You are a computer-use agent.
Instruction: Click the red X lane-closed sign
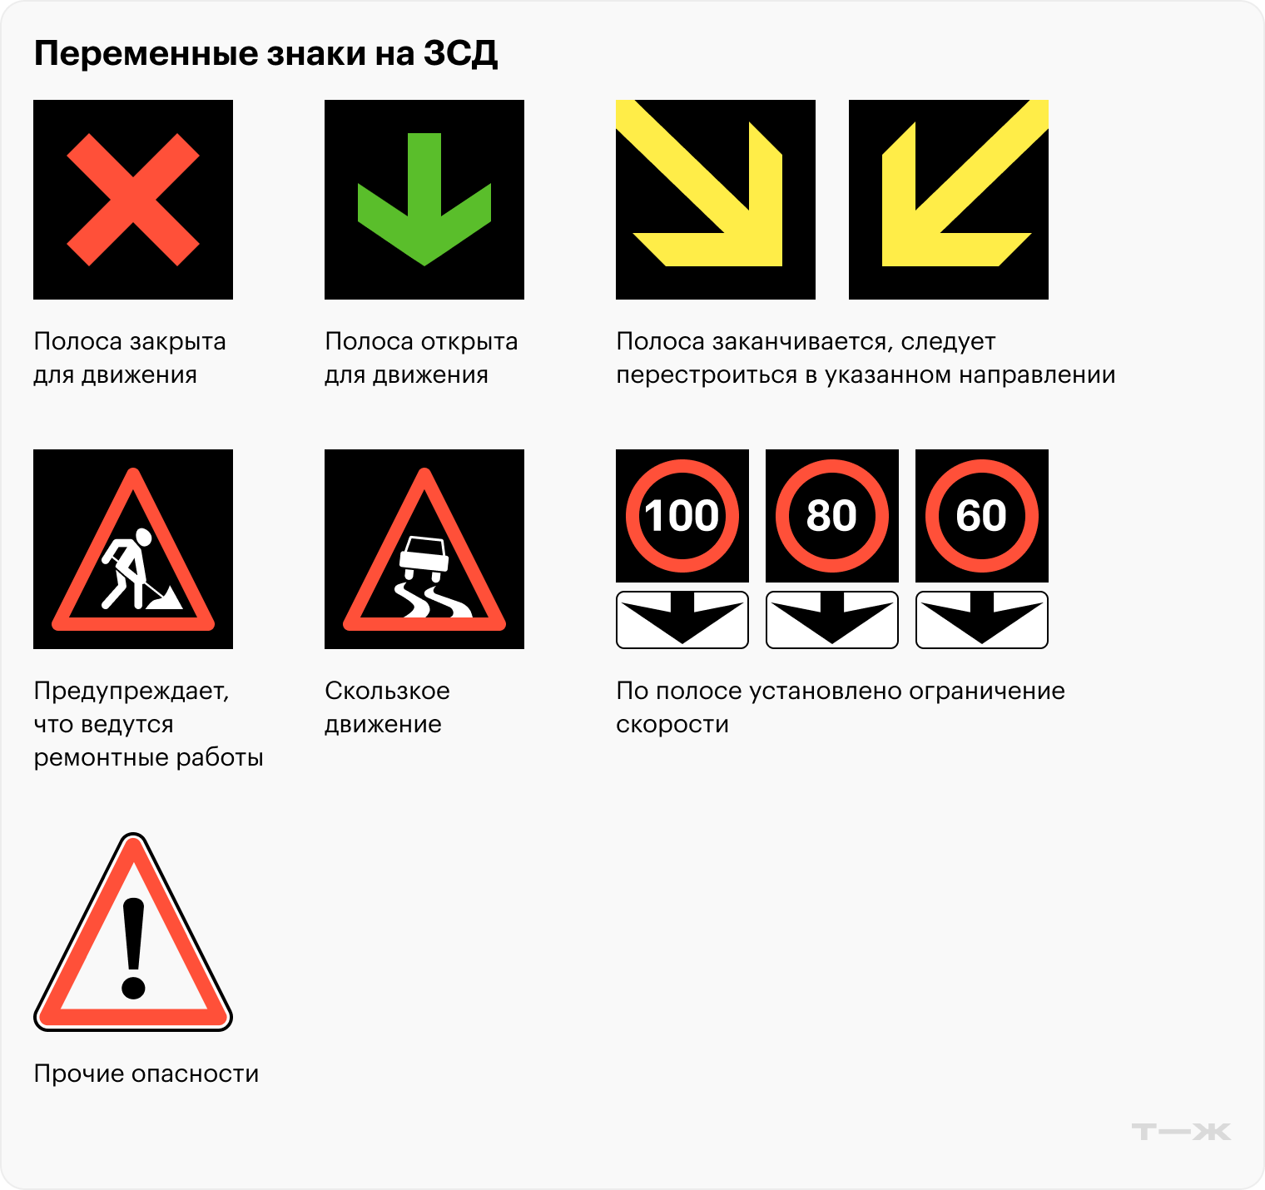coord(133,200)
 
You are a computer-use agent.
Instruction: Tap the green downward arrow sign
coord(424,200)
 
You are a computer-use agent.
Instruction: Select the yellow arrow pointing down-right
coord(716,200)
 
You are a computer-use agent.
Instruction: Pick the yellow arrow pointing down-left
coord(949,200)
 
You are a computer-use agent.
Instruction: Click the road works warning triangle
coord(133,549)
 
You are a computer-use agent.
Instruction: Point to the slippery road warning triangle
coord(424,549)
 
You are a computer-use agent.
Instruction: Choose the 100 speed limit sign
coord(682,516)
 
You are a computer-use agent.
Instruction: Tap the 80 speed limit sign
coord(832,516)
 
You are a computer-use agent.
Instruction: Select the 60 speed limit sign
coord(982,516)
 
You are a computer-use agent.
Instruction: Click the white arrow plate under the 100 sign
coord(682,620)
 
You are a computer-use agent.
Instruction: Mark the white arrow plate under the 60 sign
coord(982,620)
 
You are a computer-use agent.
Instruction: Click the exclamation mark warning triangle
coord(133,932)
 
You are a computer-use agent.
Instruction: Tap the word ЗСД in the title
coord(460,54)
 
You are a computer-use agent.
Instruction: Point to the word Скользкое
coord(387,691)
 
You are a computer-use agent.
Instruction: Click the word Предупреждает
coord(131,692)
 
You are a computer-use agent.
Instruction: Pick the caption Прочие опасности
coord(146,1073)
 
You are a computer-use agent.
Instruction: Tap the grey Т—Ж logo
coord(1181,1132)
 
